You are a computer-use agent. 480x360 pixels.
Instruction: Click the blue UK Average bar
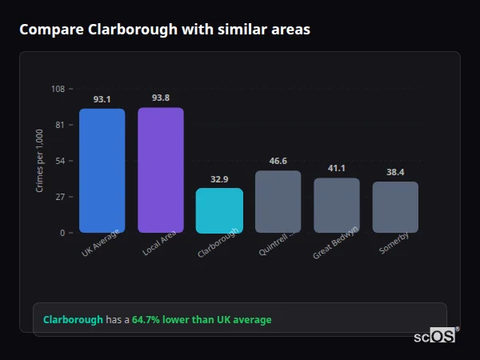[x=102, y=170]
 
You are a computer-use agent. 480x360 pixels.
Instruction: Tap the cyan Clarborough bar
[x=219, y=210]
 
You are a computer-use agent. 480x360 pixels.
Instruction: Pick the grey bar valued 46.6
[x=278, y=202]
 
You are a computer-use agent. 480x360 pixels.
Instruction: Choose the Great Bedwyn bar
[x=336, y=205]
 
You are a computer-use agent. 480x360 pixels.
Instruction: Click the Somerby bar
[x=395, y=207]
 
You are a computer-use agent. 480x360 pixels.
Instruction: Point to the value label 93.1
[x=102, y=99]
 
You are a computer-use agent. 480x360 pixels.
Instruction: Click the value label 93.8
[x=160, y=98]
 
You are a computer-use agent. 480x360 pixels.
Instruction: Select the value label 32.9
[x=219, y=179]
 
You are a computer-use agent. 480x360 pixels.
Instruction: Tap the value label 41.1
[x=337, y=168]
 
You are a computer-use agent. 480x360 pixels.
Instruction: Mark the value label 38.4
[x=395, y=172]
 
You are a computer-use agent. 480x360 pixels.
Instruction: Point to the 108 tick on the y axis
[x=58, y=89]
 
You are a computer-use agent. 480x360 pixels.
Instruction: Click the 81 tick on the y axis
[x=60, y=125]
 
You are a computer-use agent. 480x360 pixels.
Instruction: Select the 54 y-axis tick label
[x=60, y=161]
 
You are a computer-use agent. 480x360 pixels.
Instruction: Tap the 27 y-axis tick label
[x=60, y=197]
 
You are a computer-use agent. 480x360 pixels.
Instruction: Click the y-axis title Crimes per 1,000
[x=40, y=161]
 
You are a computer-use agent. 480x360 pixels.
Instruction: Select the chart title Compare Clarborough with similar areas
[x=165, y=30]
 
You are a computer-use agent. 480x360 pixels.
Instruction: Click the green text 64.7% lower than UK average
[x=202, y=319]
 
